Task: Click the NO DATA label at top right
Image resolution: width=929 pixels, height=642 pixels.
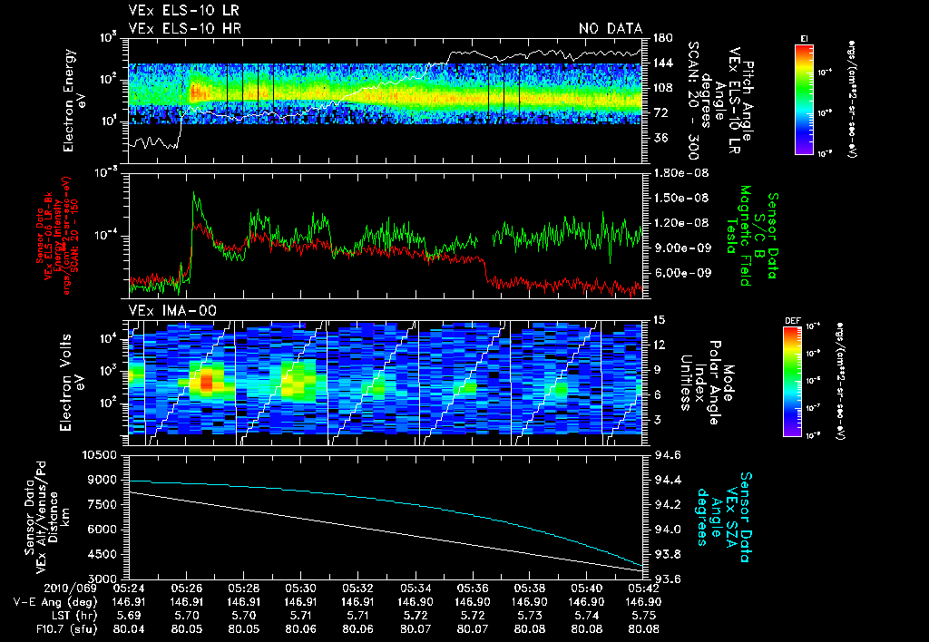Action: (610, 28)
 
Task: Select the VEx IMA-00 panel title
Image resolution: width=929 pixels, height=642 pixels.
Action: (164, 310)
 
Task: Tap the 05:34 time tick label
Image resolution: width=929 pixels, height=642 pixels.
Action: (414, 588)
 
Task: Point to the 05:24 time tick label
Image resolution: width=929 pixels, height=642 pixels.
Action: (129, 588)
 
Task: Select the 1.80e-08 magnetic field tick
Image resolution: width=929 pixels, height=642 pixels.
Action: (680, 172)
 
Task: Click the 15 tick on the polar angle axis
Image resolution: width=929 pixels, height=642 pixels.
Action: (659, 320)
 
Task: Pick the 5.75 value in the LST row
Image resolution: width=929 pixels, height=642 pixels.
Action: (641, 614)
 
